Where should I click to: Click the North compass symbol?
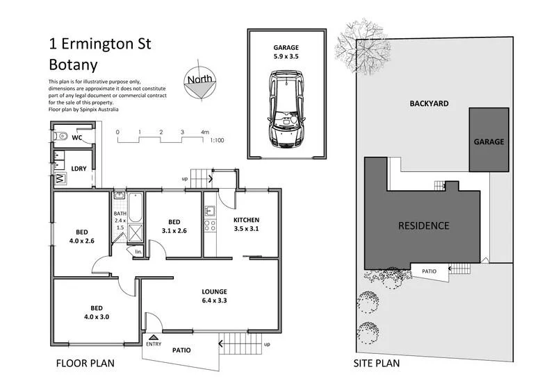click(x=201, y=81)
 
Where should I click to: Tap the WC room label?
click(x=78, y=137)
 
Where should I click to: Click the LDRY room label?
click(x=79, y=168)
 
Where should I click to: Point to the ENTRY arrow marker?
click(x=153, y=337)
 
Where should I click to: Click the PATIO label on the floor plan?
click(x=181, y=350)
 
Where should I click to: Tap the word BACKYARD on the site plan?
click(x=428, y=103)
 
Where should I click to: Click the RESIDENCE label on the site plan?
click(x=423, y=225)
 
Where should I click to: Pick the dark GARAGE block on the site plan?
click(x=489, y=140)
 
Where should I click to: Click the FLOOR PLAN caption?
click(x=85, y=363)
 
